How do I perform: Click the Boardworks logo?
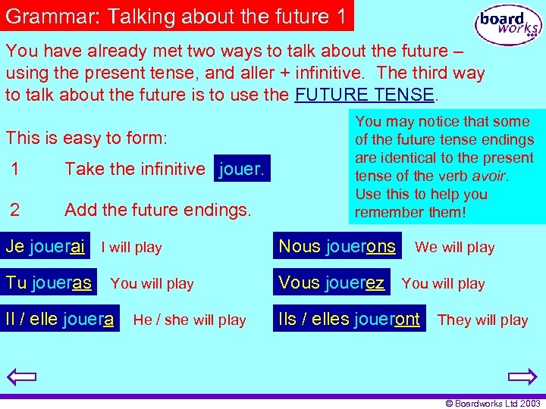508,25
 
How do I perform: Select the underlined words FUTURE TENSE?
364,95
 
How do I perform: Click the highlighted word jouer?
242,169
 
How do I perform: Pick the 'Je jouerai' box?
45,245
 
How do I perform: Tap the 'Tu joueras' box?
49,283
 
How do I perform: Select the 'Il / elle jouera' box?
61,319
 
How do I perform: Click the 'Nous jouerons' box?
337,245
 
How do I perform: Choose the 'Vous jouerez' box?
331,283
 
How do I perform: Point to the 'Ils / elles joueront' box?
350,319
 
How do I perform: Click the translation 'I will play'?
131,247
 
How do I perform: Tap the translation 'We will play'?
454,247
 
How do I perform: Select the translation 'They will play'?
482,320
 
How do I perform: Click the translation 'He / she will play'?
190,320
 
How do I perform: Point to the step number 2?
14,209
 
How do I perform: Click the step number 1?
14,169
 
